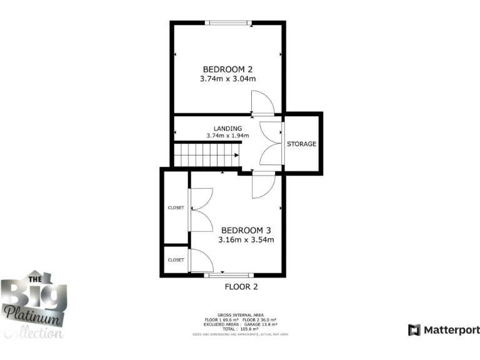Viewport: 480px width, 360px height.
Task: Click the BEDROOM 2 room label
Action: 227,69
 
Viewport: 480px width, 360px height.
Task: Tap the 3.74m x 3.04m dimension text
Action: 227,79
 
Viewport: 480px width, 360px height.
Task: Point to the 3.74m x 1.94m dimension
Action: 227,136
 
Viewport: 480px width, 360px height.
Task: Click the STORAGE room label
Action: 301,144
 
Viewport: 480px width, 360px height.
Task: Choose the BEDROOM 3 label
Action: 246,229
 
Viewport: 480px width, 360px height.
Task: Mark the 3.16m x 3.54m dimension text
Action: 246,239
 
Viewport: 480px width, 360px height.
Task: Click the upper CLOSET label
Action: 176,207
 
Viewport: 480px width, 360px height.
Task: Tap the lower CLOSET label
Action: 176,259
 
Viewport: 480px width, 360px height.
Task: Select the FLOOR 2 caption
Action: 241,287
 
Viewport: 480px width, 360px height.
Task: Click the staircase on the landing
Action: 207,154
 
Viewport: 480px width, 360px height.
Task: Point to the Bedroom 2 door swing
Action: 262,102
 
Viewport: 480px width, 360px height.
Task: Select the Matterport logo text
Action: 451,329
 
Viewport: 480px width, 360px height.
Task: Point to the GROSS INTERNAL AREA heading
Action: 241,314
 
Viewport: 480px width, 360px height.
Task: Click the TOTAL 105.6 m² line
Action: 241,328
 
